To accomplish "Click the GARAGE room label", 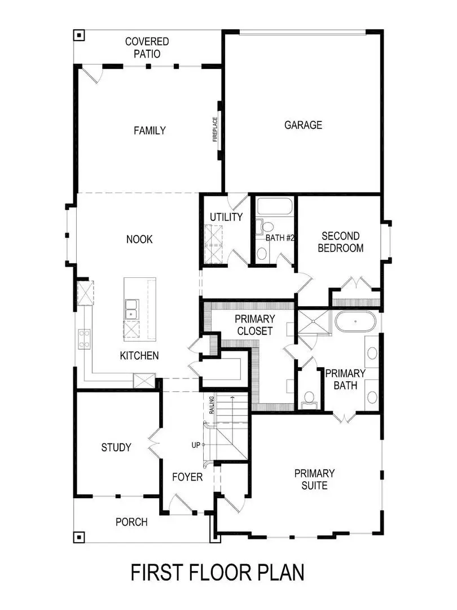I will (x=303, y=125).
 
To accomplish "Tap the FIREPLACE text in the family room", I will (x=215, y=130).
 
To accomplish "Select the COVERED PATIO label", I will (x=147, y=47).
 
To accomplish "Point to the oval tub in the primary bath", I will (x=354, y=322).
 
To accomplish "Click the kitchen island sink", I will (x=131, y=308).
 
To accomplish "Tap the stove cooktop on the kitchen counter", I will (x=84, y=339).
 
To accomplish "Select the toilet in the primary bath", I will (x=309, y=399).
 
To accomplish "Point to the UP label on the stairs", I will (x=196, y=445).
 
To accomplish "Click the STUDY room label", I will (x=116, y=447).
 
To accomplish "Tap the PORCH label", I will (x=131, y=522).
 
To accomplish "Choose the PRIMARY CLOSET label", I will (x=255, y=325).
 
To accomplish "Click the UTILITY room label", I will (x=226, y=217).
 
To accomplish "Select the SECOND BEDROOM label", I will (x=341, y=242).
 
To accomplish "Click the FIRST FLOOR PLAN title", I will (x=217, y=572).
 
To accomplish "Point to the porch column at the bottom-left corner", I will (x=79, y=537).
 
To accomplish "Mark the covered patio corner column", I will (x=79, y=36).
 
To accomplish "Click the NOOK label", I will (x=139, y=239).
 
